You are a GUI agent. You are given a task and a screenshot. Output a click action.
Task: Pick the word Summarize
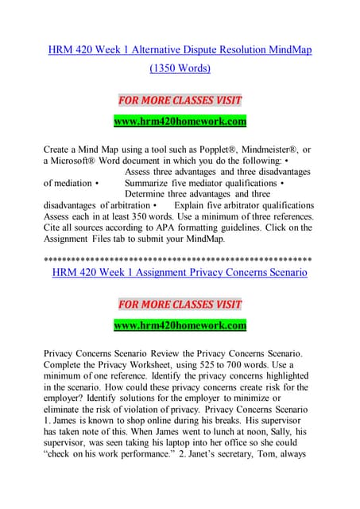pos(152,183)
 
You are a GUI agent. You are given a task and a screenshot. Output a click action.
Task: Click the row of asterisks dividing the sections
pos(180,259)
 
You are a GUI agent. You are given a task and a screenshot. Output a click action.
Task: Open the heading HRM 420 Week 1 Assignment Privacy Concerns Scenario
pos(180,273)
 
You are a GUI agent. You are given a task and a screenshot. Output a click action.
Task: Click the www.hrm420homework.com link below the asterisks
pos(180,325)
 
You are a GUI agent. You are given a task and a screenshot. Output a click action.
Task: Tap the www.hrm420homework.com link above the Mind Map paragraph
pos(180,122)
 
